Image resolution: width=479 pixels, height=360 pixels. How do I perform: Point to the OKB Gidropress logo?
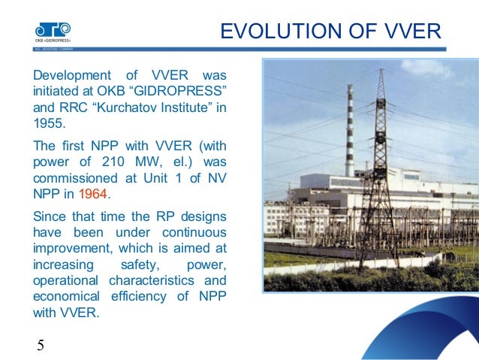coord(51,32)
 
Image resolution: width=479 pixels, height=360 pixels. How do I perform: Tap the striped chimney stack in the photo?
coord(349,128)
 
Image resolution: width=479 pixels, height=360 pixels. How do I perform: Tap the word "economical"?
coord(65,296)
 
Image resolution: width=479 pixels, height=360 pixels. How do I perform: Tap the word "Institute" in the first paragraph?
coord(187,107)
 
